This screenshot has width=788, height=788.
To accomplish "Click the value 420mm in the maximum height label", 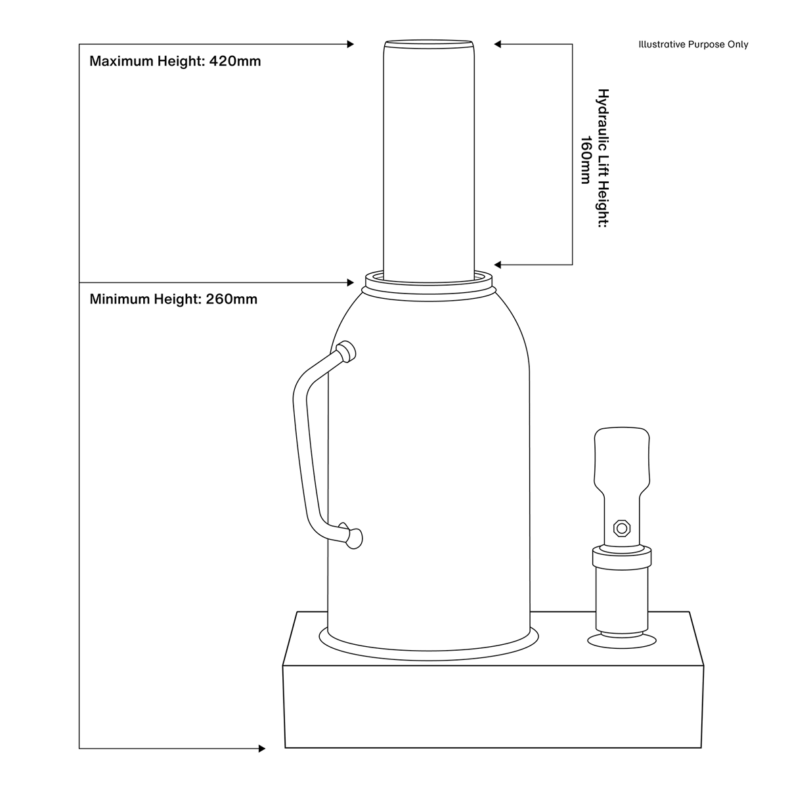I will click(234, 62).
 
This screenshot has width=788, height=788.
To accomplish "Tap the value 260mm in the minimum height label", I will click(232, 299).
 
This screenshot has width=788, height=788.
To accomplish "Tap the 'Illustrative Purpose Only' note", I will click(693, 45).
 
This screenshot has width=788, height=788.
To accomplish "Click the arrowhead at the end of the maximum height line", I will click(350, 45).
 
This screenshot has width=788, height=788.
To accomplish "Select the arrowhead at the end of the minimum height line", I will click(350, 283).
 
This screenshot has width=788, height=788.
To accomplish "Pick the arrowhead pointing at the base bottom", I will click(262, 748).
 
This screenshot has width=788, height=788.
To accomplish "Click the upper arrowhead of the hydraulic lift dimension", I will click(498, 45).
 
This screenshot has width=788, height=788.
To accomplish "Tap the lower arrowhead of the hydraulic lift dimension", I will click(498, 265).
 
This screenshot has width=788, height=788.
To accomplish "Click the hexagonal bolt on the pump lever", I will click(621, 527).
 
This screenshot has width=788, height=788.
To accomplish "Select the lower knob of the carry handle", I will click(353, 538).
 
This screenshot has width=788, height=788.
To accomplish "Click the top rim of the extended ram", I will click(429, 44).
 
